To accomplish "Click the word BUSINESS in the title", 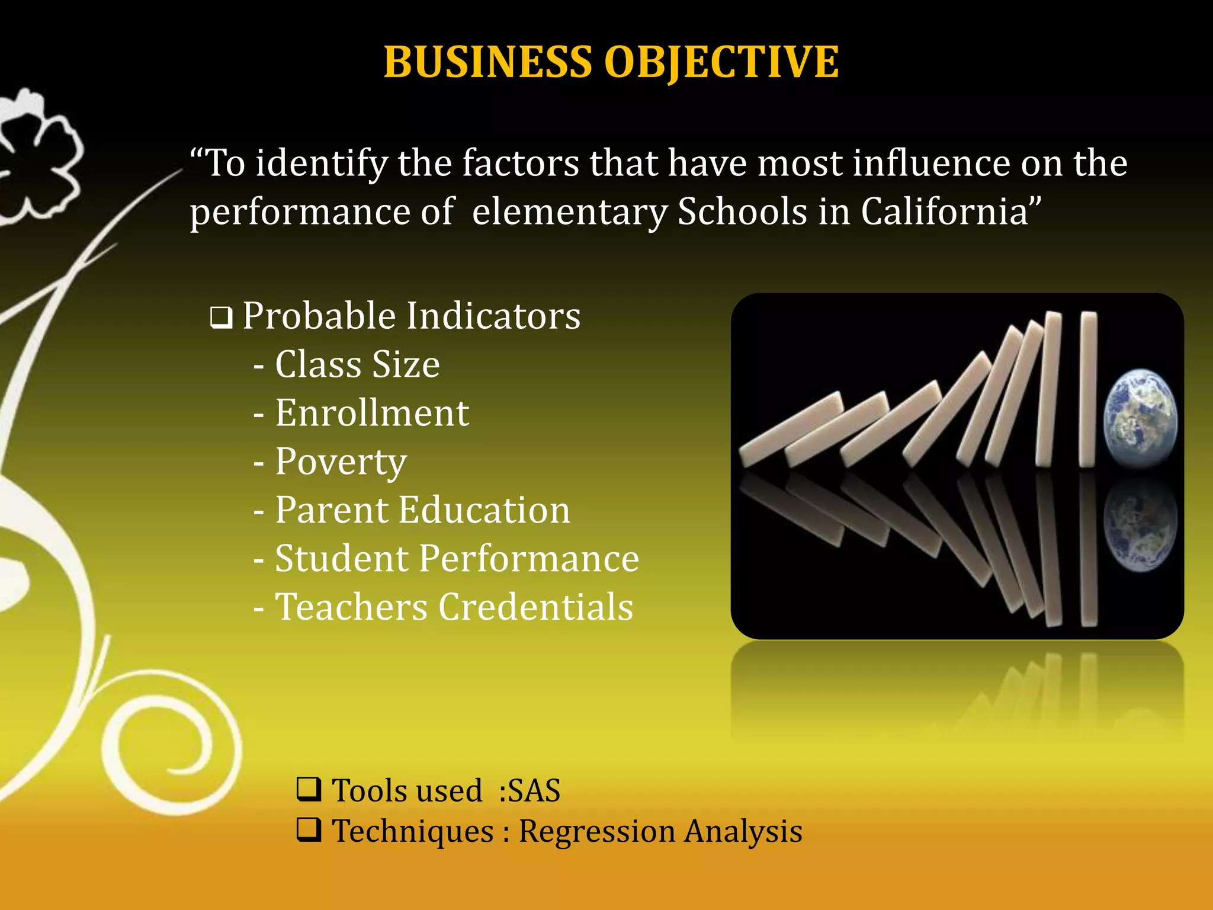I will [487, 62].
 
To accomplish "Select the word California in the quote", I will [951, 212].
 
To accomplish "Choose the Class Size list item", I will [357, 364].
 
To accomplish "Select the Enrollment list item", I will [372, 412].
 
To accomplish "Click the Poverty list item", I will [341, 461].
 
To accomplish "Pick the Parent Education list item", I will [422, 510].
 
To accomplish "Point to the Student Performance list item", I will [457, 558].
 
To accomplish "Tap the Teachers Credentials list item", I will [454, 607].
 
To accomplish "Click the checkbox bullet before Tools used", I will [309, 789].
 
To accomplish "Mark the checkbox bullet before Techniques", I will [309, 829].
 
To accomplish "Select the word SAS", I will [534, 790].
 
